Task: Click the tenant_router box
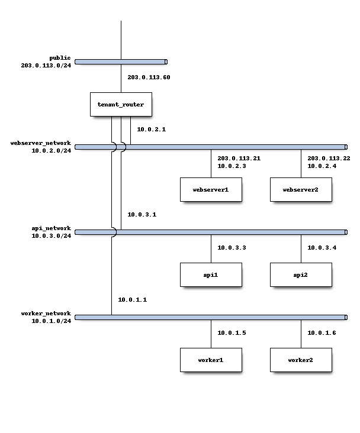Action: pos(121,104)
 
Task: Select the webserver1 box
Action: pos(211,189)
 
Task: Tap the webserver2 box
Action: pos(301,189)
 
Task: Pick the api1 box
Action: pos(211,274)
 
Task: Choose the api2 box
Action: pos(301,274)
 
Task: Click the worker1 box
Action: pos(211,360)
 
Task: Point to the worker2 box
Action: pos(301,360)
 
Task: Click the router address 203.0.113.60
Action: pos(149,77)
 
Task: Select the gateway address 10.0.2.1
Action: pos(152,129)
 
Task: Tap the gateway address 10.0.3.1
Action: pos(142,214)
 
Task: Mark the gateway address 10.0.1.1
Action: pos(133,299)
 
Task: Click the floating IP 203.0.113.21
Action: pos(239,158)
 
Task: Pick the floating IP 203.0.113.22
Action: pos(329,158)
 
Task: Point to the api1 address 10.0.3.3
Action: pos(232,247)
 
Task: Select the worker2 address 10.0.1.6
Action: pos(322,332)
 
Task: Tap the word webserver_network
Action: pos(41,143)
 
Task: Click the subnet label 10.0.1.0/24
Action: pos(52,321)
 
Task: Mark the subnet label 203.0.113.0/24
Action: pos(46,65)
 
